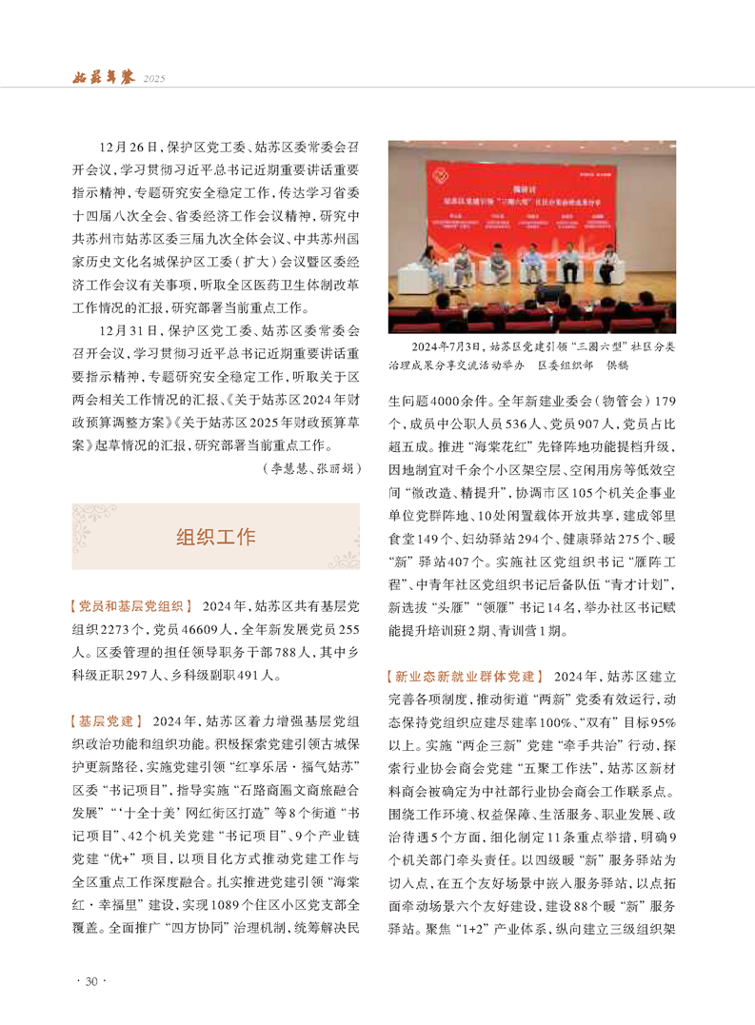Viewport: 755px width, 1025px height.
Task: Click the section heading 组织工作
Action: point(215,536)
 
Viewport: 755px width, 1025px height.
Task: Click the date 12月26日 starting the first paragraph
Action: point(124,148)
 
